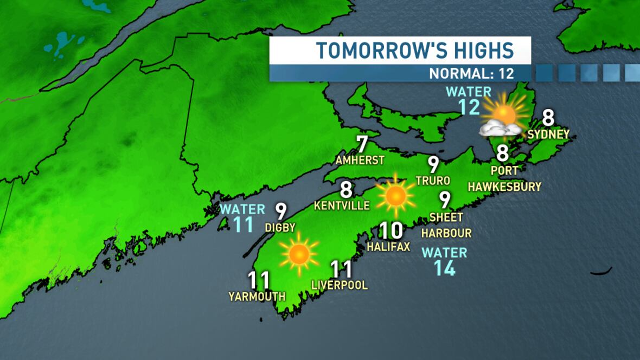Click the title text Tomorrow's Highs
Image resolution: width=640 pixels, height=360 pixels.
[x=415, y=50]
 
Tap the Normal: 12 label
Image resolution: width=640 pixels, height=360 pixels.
[x=472, y=73]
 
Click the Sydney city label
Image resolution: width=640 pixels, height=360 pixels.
[x=548, y=134]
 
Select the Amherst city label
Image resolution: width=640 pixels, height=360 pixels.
[x=360, y=160]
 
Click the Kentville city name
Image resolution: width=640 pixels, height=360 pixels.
[x=342, y=205]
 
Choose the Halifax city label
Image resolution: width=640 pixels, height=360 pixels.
[x=388, y=247]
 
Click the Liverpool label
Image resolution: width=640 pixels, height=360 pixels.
[x=340, y=285]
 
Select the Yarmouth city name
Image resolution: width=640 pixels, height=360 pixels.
[x=257, y=296]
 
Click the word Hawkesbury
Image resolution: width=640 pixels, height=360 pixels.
[x=504, y=187]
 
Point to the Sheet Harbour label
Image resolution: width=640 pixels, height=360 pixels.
[x=446, y=225]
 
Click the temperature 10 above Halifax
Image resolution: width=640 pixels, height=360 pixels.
[x=391, y=231]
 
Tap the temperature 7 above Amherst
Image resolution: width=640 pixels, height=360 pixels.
[x=362, y=144]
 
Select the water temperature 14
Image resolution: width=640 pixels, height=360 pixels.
[x=444, y=268]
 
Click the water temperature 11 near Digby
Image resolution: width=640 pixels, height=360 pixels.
[x=243, y=224]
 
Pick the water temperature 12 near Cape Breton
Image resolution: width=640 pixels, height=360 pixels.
[x=469, y=107]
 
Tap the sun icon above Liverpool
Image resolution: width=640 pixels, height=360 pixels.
[x=298, y=253]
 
